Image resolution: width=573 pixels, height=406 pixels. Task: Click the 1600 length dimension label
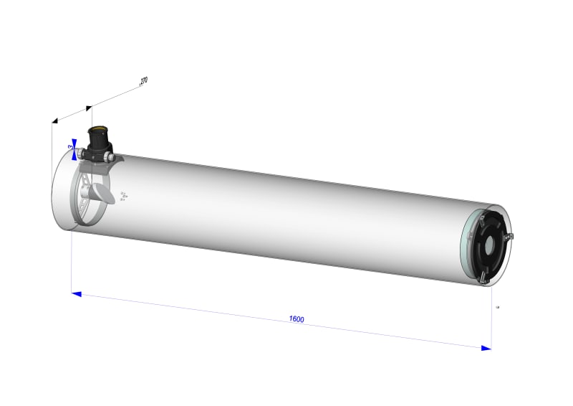(x=297, y=318)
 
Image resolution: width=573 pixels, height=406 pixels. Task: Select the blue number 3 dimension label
(x=71, y=146)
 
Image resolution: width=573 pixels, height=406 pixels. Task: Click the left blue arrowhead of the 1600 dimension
(x=76, y=293)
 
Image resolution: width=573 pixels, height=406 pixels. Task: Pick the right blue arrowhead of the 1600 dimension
(x=486, y=348)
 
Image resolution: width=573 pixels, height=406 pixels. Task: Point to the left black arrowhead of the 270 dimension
(x=54, y=121)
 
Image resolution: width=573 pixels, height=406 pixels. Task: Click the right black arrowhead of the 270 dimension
(x=89, y=108)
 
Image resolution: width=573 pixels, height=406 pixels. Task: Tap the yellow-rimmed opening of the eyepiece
(x=98, y=130)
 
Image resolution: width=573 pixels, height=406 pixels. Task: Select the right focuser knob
(x=108, y=156)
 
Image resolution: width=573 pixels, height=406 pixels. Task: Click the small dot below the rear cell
(x=498, y=307)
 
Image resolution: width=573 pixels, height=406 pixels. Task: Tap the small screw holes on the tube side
(x=123, y=195)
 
